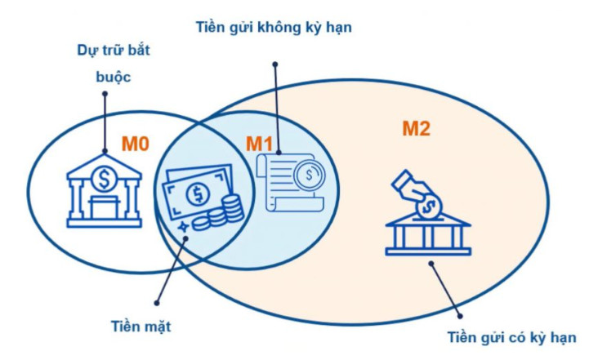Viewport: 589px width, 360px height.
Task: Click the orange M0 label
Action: (x=135, y=144)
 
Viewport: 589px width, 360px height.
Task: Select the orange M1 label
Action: (x=259, y=144)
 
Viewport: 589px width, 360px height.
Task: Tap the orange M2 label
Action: (x=416, y=127)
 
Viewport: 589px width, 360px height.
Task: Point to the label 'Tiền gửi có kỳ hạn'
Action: (x=513, y=337)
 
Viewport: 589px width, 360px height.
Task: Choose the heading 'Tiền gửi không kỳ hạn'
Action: (x=274, y=27)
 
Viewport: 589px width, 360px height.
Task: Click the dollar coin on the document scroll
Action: (x=309, y=174)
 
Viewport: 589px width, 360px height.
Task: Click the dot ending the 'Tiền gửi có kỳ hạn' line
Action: (x=433, y=262)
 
